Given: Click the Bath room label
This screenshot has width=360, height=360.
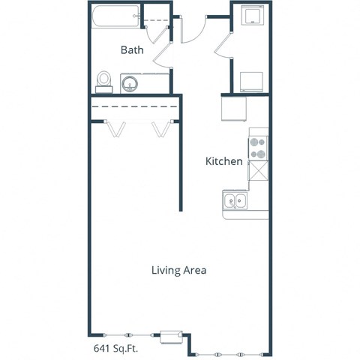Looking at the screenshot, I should tap(133, 49).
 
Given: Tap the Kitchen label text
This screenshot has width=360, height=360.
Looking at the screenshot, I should tap(224, 161).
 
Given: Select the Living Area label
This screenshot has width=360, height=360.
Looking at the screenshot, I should tap(178, 270).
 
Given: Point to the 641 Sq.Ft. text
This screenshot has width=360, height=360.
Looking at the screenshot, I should tap(117, 347).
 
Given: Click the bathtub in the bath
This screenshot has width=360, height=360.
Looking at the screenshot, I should tap(115, 17).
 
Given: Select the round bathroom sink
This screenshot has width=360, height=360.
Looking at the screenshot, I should tap(128, 83).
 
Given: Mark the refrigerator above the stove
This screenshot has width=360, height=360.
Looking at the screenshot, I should tap(234, 109).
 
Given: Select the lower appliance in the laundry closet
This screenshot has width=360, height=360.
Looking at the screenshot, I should tap(251, 79).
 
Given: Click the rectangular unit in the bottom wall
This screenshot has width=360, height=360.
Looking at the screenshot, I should tap(172, 334).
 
